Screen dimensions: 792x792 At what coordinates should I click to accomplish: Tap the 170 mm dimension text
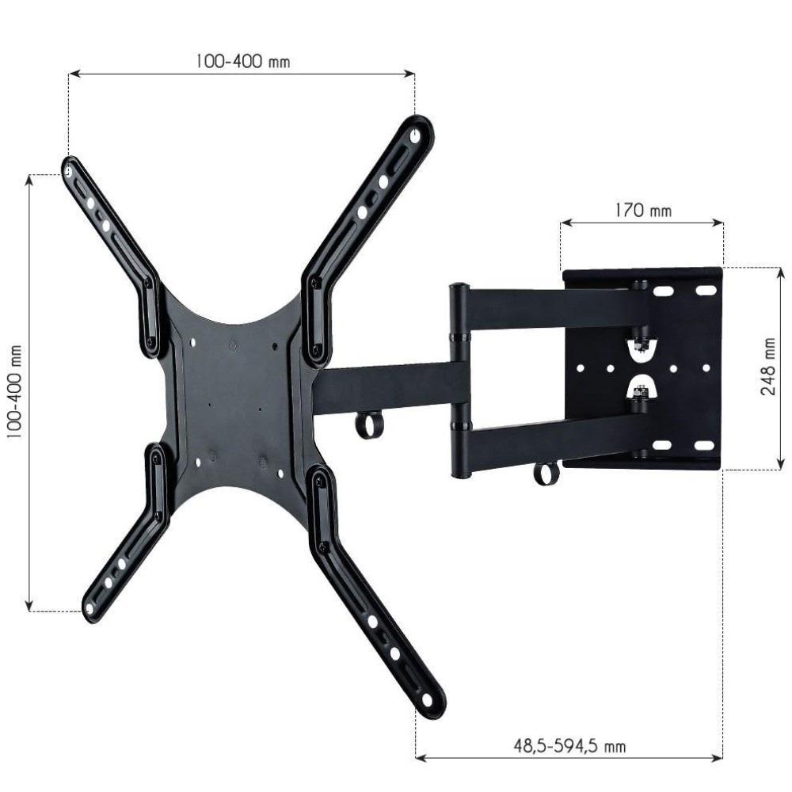642,211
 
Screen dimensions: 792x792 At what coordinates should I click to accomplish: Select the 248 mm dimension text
767,368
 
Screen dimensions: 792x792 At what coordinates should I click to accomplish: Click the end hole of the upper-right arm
415,135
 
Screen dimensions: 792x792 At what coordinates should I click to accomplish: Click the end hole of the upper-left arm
70,169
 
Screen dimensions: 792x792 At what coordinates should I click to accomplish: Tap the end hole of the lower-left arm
89,608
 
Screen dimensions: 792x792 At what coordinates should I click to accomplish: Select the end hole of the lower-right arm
428,700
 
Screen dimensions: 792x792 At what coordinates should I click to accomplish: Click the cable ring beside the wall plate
545,473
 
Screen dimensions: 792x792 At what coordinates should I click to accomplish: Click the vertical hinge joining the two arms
459,380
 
